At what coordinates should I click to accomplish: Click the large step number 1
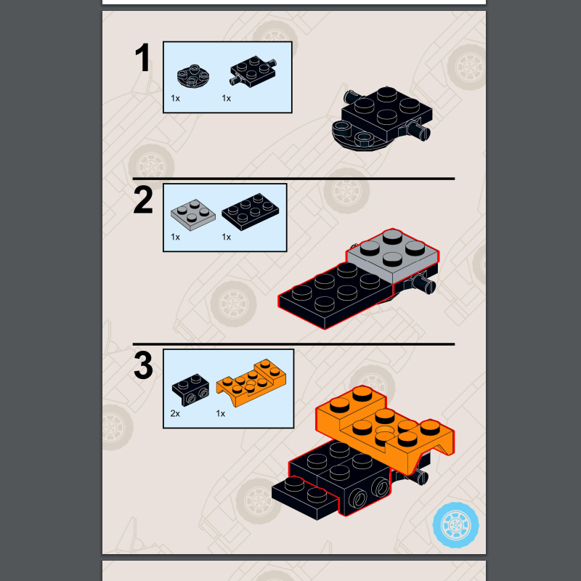[143, 58]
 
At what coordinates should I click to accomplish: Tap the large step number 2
[143, 201]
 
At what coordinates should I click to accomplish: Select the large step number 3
[143, 367]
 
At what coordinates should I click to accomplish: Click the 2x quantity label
[175, 413]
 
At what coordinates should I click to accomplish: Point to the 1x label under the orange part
[221, 413]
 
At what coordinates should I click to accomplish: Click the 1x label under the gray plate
[175, 237]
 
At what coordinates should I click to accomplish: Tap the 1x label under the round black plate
[175, 97]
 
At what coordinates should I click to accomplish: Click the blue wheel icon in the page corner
[455, 523]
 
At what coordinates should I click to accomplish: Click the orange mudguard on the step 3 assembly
[385, 428]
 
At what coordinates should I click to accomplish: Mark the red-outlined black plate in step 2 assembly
[334, 294]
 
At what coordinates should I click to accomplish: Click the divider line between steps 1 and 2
[293, 178]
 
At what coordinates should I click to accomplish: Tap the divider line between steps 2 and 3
[293, 344]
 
